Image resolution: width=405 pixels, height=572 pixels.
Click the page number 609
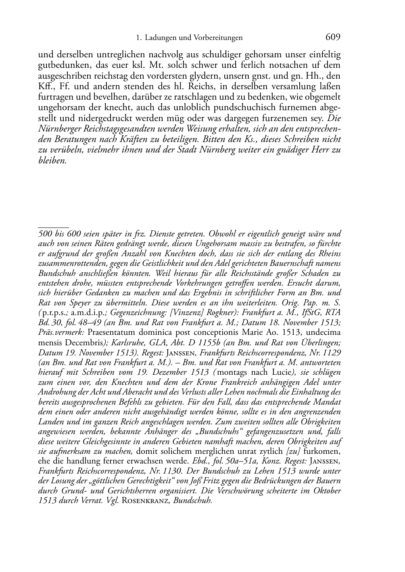tap(333, 37)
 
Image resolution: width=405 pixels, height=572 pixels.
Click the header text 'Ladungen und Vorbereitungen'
tap(194, 38)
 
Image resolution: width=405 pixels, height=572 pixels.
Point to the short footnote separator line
tap(53, 228)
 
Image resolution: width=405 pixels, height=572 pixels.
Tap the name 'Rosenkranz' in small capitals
tap(145, 501)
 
